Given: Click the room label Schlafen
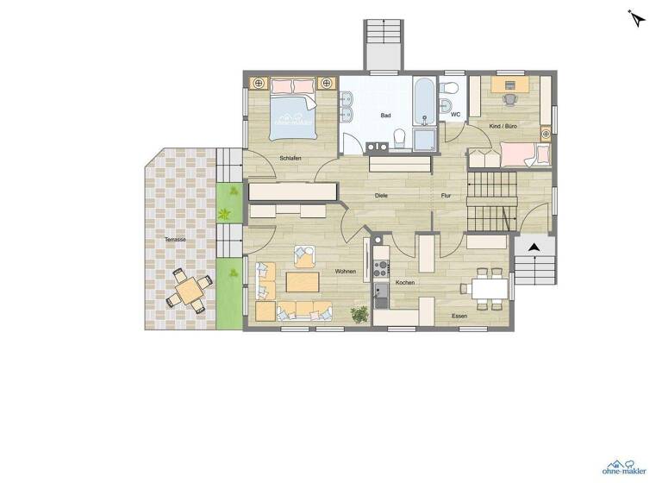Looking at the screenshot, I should [290, 158].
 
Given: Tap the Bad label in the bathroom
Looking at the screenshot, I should [387, 115].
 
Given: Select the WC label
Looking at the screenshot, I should [455, 114].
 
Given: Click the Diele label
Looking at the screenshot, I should [381, 196].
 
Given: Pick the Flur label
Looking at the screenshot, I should [446, 196].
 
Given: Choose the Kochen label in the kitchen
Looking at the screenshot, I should [405, 283].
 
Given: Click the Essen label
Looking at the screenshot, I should [459, 317].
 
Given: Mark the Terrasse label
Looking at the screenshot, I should [176, 239].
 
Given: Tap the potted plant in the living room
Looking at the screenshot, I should [359, 315].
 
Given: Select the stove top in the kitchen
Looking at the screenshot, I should [382, 268].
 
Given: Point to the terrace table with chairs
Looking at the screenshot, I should [187, 289].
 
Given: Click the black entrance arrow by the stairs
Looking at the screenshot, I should [534, 248].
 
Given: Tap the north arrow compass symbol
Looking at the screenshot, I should [637, 18].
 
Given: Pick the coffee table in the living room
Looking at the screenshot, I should [302, 282].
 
